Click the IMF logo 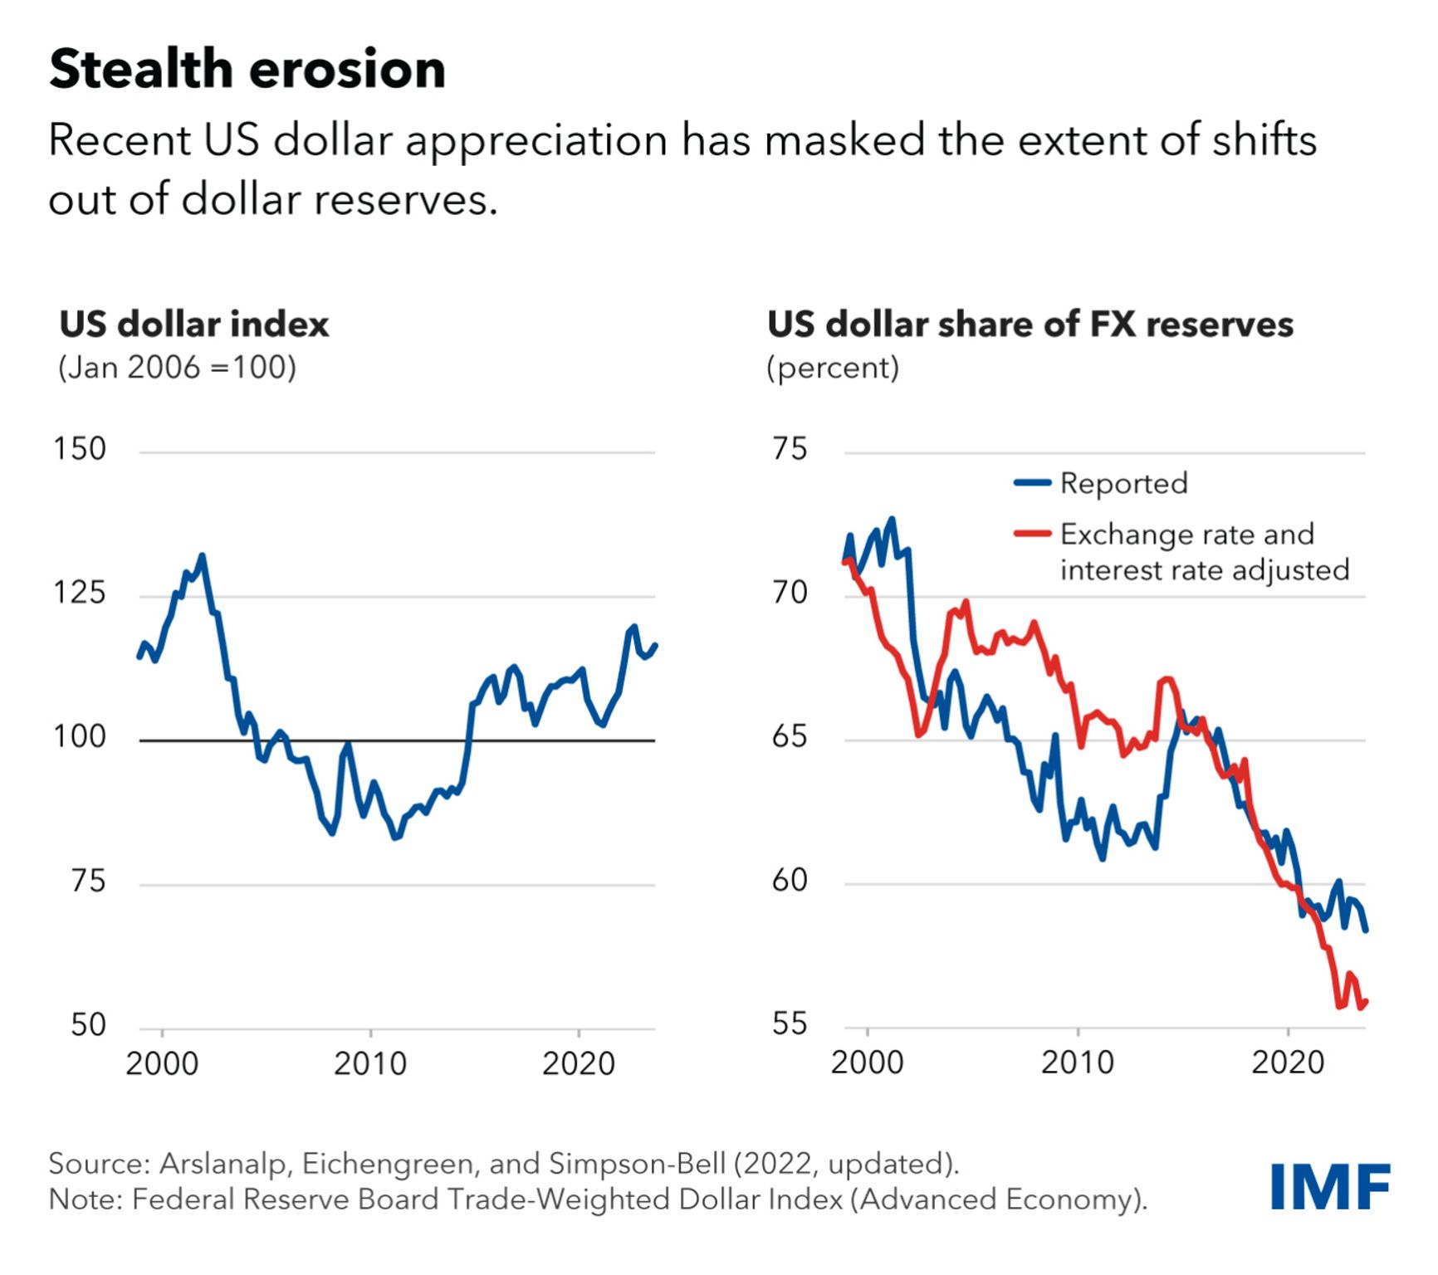click(1329, 1187)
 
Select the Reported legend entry click(1123, 483)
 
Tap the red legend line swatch click(1033, 534)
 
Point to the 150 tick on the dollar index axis click(80, 449)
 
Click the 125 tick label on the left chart click(80, 593)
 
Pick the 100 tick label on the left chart click(80, 737)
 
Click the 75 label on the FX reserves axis click(790, 449)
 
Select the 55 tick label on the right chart click(790, 1024)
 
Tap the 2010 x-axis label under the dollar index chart click(370, 1063)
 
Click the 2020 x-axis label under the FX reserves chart click(1288, 1062)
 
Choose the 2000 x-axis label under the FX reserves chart click(867, 1062)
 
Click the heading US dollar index click(194, 324)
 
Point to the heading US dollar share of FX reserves click(1030, 324)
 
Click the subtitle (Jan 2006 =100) click(177, 367)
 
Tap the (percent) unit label click(833, 367)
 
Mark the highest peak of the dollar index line click(202, 556)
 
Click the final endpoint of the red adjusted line click(1366, 1003)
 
